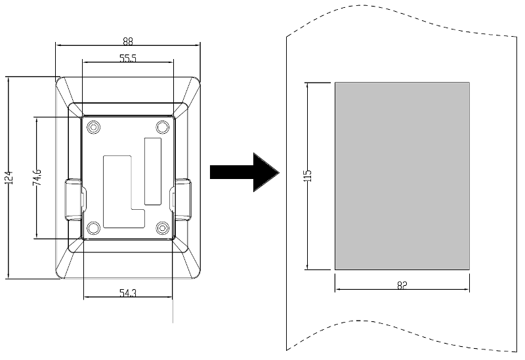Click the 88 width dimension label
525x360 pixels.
128,41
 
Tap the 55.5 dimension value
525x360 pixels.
128,58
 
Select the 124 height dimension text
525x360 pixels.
9,178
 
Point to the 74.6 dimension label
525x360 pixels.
37,177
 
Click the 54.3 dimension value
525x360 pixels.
128,293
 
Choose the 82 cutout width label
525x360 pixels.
402,285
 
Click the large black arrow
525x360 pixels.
244,172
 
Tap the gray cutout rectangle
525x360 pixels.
402,176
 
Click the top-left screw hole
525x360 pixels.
93,127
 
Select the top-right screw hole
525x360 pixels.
162,127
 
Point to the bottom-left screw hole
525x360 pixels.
93,228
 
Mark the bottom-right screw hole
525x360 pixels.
162,228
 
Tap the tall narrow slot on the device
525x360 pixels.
153,171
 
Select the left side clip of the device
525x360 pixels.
74,200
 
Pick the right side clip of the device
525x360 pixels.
181,200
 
